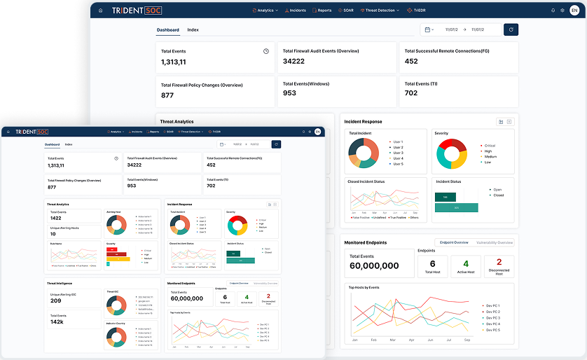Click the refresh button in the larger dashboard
pos(511,29)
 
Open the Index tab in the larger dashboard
pos(193,30)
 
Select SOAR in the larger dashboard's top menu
pos(347,11)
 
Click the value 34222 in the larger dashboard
pos(293,62)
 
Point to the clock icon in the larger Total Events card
pos(266,51)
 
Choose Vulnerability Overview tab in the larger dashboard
pos(495,242)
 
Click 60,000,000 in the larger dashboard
pos(374,266)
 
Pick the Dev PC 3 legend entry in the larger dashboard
pos(492,317)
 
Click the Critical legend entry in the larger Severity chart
pos(489,145)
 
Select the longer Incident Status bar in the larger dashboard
pos(456,207)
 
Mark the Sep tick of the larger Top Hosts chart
pos(466,340)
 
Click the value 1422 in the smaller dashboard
pos(55,218)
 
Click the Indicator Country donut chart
pos(116,335)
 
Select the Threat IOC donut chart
pos(116,305)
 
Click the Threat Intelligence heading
pos(60,282)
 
